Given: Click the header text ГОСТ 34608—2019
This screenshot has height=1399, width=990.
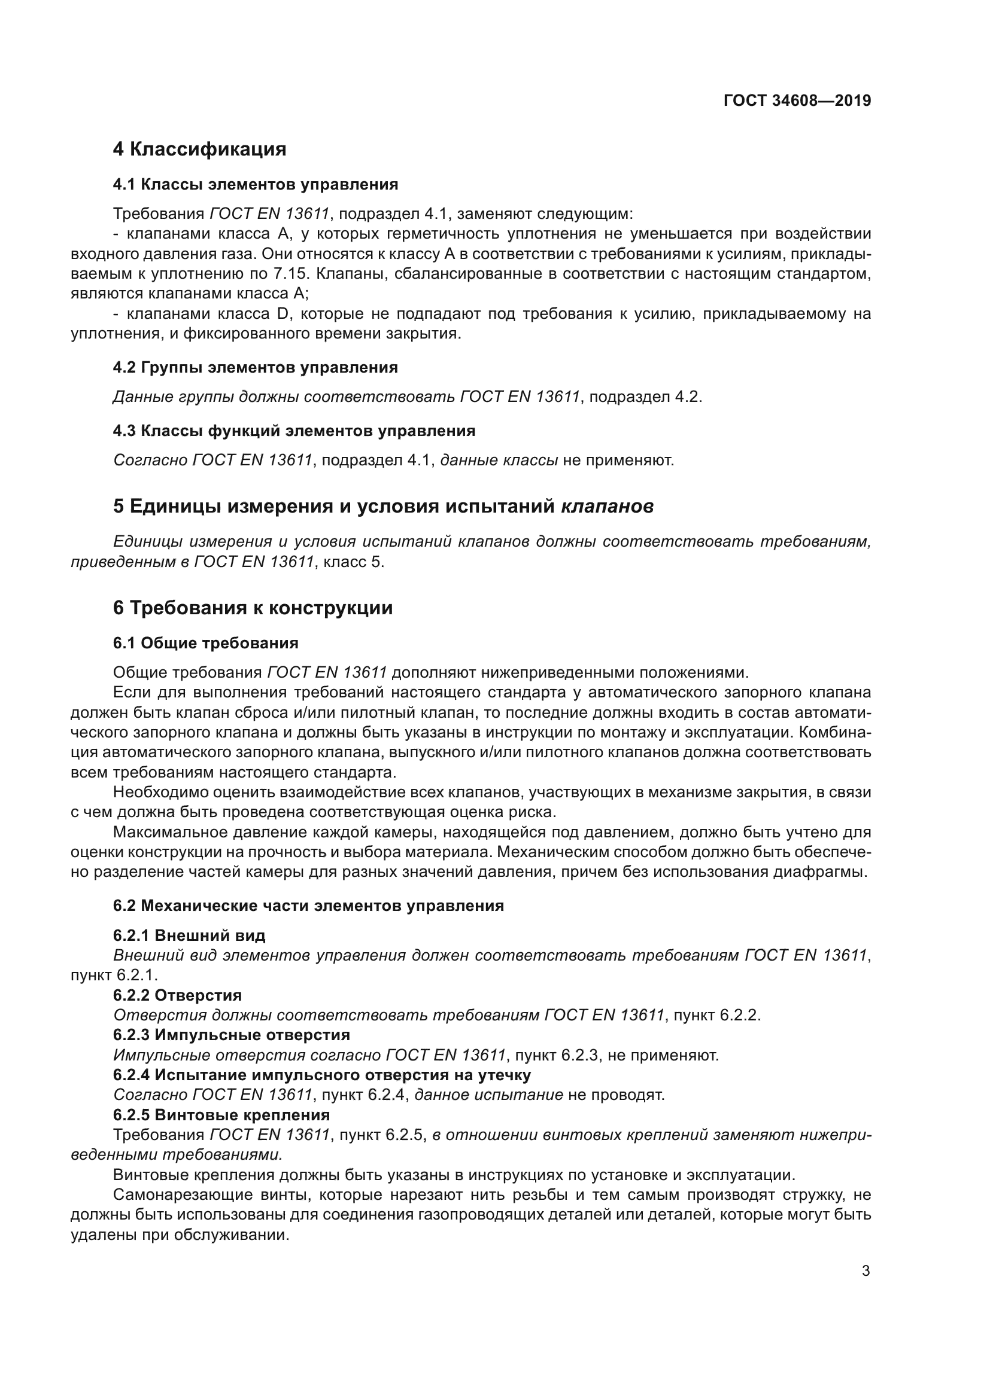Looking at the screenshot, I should coord(797,101).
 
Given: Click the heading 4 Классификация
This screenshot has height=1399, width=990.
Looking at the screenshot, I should coord(199,150).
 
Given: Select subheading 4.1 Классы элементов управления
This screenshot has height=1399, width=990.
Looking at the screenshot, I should coord(256,184).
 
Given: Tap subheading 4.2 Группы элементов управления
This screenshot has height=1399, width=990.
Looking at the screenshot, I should coord(256,367).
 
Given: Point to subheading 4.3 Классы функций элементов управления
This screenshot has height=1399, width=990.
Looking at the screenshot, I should coord(294,431).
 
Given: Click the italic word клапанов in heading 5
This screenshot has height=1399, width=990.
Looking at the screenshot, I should coord(607,507).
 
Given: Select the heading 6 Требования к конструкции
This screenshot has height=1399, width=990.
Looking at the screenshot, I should coord(253,608).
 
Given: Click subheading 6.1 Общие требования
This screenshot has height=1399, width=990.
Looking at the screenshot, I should coord(205,643).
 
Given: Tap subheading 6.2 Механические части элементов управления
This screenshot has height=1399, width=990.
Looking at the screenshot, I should coord(308,906).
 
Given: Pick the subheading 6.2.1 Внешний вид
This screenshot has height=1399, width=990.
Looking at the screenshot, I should coord(189,935).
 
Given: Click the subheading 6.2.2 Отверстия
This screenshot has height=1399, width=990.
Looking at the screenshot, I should coord(177,995).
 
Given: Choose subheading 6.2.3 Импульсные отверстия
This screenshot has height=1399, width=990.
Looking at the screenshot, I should coord(232,1035).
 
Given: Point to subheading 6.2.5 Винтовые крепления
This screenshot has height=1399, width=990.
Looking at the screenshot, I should coord(221,1115).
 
